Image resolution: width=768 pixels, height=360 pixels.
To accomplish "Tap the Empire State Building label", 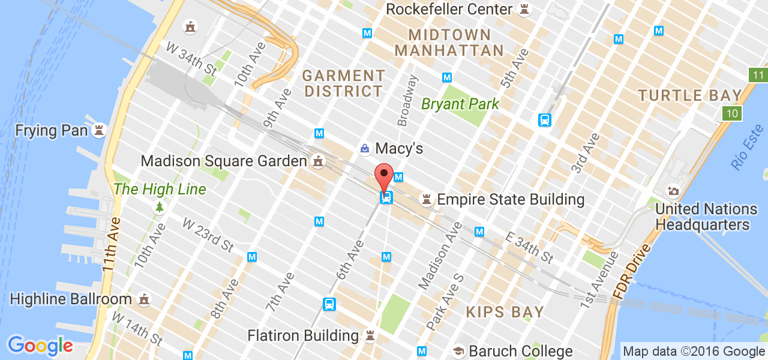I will click(x=511, y=199).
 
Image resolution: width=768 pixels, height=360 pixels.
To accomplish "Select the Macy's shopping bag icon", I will click(x=364, y=148).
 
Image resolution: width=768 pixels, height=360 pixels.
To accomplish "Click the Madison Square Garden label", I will click(x=224, y=161).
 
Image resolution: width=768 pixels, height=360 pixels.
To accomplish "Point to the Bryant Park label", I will click(x=460, y=104).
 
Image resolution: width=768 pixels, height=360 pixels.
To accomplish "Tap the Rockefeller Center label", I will click(x=449, y=9).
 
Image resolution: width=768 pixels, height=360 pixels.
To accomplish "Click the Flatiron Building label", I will click(x=303, y=335).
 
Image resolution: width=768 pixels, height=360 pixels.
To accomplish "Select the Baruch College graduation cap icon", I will click(x=458, y=351).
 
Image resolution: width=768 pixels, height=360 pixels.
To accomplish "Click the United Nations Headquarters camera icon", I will click(x=673, y=191).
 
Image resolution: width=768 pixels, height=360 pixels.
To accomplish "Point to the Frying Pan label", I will click(x=52, y=130).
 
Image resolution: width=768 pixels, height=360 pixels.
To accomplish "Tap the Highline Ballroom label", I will click(x=71, y=299).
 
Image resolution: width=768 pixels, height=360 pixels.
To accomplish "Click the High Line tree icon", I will click(x=159, y=208).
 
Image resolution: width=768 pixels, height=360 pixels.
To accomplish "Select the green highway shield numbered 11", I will click(x=758, y=75).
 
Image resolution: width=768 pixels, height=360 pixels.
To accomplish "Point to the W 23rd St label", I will click(x=208, y=235).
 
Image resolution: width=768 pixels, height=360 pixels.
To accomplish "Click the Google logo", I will click(x=40, y=346).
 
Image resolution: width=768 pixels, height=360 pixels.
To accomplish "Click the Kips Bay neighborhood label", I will click(x=505, y=312).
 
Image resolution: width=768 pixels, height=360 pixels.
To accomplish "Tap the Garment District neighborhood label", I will click(x=343, y=83).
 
